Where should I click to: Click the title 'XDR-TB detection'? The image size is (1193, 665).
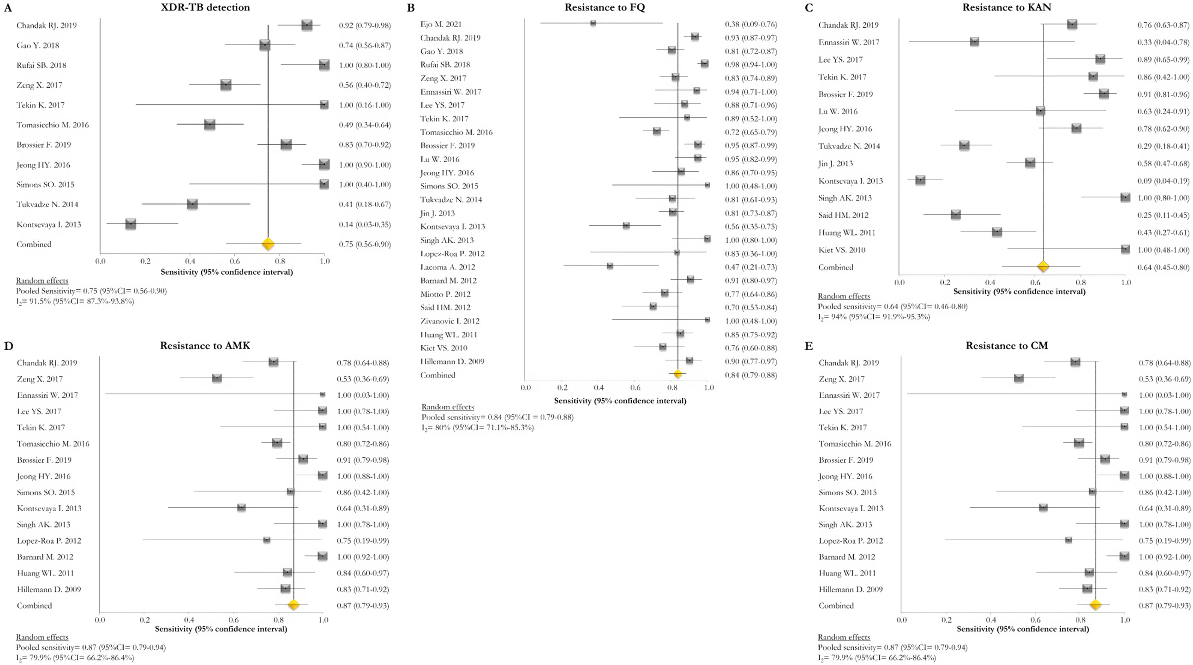click(205, 7)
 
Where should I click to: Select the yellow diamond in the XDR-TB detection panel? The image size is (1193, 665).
click(268, 244)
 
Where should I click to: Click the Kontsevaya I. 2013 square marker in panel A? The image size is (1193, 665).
click(131, 224)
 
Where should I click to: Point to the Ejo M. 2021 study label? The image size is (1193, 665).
click(440, 24)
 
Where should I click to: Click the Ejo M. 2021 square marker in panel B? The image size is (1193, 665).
click(593, 23)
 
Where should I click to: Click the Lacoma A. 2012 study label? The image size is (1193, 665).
click(448, 267)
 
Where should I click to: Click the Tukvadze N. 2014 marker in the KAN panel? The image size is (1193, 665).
click(964, 146)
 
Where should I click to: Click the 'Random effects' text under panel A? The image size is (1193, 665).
click(42, 280)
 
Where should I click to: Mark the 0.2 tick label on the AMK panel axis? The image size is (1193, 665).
click(144, 620)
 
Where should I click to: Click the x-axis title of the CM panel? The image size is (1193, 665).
click(1023, 629)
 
